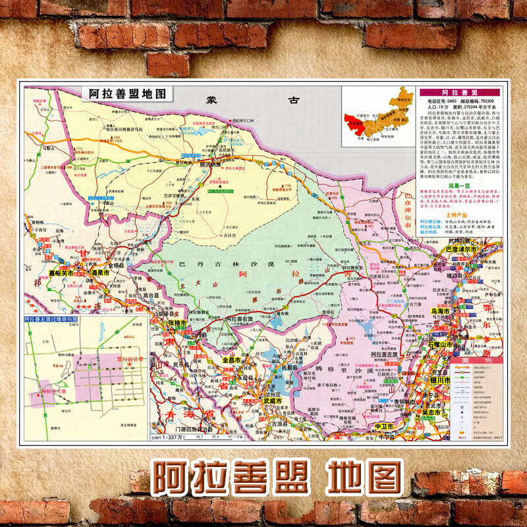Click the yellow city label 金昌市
click(x=232, y=361)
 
